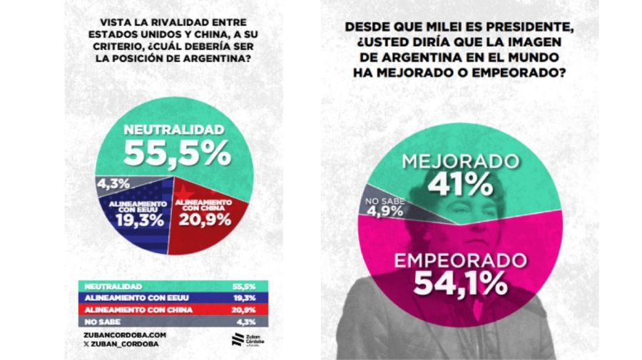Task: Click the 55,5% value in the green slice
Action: pos(177,153)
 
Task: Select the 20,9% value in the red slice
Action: pos(204,220)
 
